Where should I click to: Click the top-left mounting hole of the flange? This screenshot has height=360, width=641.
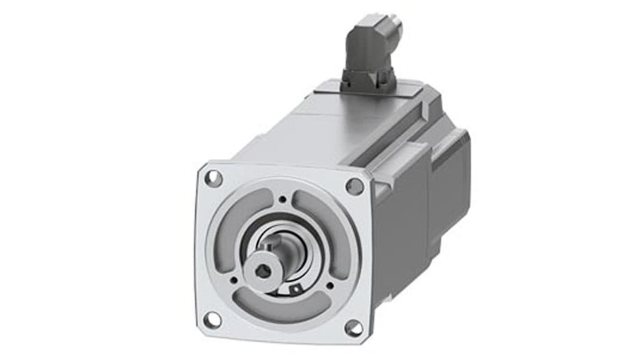click(x=214, y=179)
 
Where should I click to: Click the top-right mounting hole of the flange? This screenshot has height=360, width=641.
click(x=354, y=186)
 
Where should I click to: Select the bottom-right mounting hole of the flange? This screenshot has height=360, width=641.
click(x=353, y=328)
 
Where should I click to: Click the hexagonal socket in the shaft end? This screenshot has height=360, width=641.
click(x=262, y=272)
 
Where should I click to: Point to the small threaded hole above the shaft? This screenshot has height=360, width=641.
click(x=282, y=199)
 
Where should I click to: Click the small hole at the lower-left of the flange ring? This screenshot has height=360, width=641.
click(x=234, y=280)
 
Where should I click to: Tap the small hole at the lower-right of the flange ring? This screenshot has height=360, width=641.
click(x=330, y=285)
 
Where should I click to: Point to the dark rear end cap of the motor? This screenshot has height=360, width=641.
click(x=449, y=180)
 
